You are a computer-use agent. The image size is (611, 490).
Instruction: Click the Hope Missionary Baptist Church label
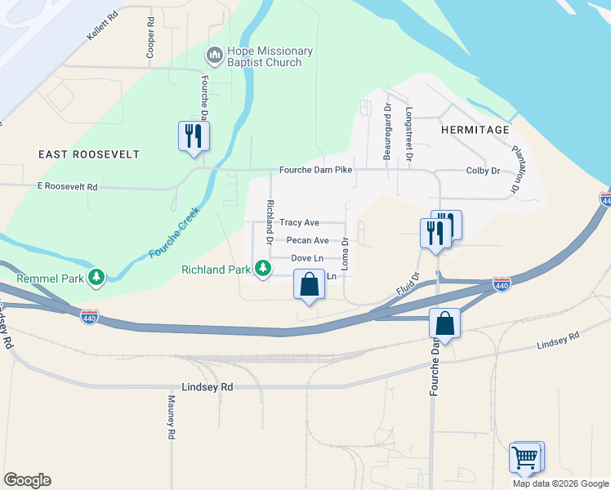261,56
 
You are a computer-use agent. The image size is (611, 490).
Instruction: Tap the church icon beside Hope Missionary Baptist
215,56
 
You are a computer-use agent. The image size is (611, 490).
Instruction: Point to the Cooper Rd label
150,38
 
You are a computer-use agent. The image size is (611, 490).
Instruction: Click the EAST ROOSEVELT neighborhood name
88,154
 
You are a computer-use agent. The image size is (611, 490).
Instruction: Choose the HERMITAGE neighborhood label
475,130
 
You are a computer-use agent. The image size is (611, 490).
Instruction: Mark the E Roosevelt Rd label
68,187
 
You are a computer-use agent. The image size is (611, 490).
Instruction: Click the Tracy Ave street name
299,222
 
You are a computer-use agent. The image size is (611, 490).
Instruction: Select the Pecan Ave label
307,240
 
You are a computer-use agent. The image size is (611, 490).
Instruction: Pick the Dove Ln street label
307,258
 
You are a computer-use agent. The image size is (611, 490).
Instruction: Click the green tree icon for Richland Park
262,268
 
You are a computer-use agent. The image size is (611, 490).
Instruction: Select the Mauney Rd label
172,418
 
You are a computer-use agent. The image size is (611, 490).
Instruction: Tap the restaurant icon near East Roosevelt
194,136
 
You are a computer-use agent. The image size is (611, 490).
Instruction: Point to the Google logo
27,480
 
